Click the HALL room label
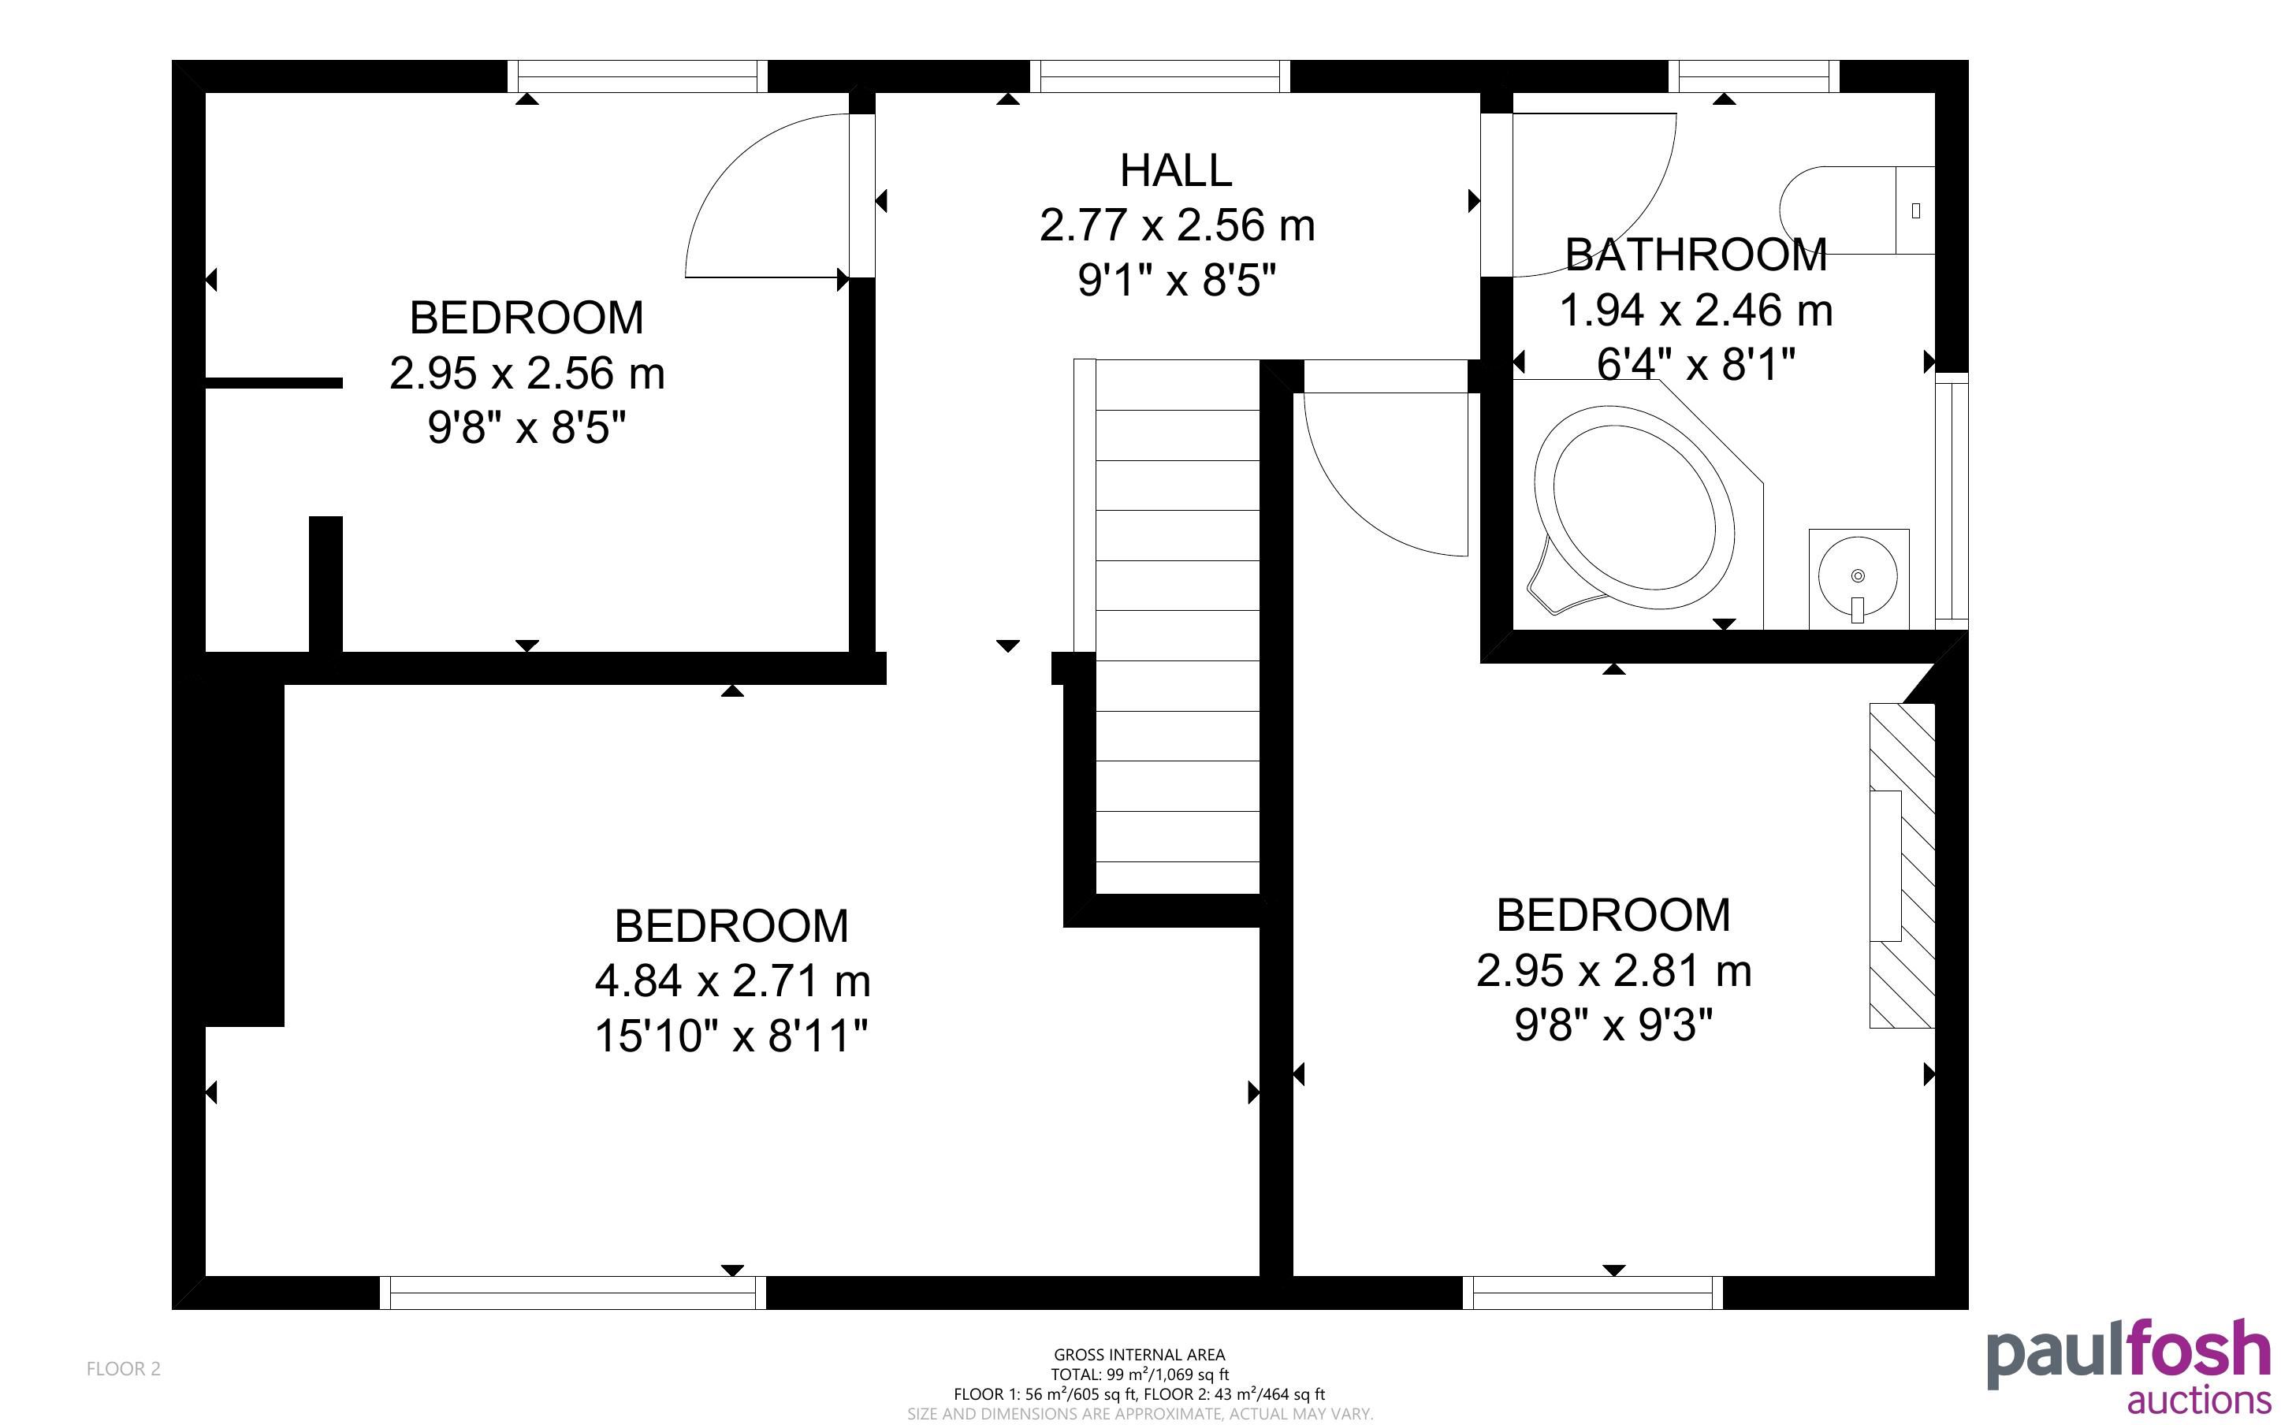pyautogui.click(x=1176, y=170)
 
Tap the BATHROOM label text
pyautogui.click(x=1696, y=255)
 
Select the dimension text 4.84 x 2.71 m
pyautogui.click(x=732, y=981)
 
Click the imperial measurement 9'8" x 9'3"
pyautogui.click(x=1613, y=1025)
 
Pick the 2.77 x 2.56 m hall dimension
pyautogui.click(x=1177, y=226)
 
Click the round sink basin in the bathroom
pyautogui.click(x=1858, y=577)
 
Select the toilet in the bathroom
pyautogui.click(x=1856, y=210)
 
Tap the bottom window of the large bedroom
pyautogui.click(x=573, y=1293)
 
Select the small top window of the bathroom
pyautogui.click(x=1754, y=76)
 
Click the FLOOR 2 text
pyautogui.click(x=124, y=1369)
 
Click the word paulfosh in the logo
pyautogui.click(x=2128, y=1354)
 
